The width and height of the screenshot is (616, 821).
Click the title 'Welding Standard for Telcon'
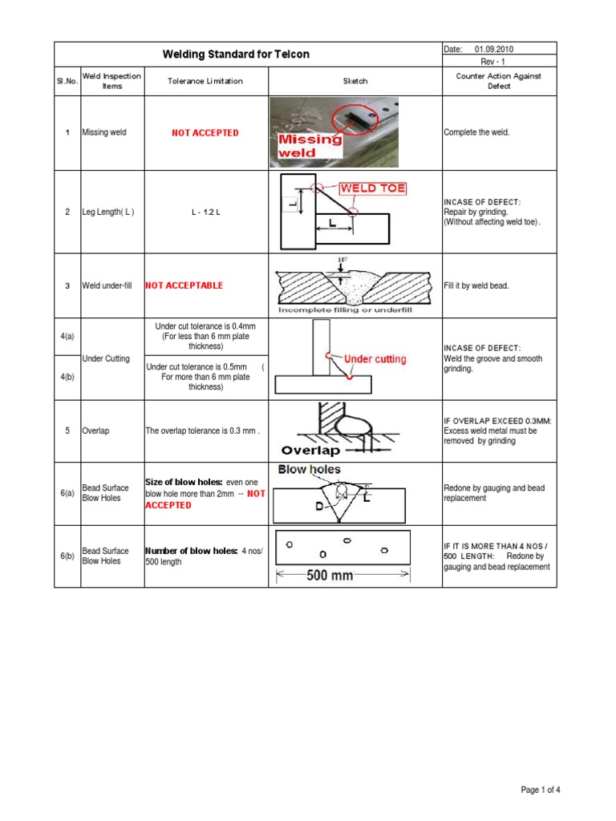point(236,55)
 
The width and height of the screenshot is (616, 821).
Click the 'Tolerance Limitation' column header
point(205,81)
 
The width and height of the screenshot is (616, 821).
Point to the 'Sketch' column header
point(355,81)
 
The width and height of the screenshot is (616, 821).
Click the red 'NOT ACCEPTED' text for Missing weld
point(205,133)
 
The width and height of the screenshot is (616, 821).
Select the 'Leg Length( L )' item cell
point(108,212)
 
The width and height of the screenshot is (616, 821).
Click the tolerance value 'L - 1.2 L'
point(205,212)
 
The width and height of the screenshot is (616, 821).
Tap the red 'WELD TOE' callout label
point(373,189)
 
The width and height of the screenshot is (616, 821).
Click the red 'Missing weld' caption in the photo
point(310,145)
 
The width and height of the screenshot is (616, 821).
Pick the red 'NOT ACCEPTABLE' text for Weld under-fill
point(184,285)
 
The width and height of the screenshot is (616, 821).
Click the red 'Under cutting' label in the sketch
point(375,359)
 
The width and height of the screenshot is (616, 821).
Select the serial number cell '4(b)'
point(67,377)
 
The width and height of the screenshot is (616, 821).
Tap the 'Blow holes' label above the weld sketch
point(310,470)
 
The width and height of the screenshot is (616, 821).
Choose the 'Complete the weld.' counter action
point(476,133)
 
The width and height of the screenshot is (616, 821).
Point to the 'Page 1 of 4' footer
point(541,790)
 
